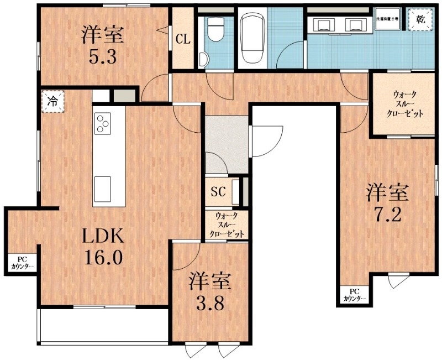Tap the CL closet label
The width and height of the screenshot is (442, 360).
[183, 39]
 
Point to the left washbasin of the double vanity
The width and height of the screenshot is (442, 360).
[323, 23]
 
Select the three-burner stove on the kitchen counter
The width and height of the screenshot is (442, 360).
[103, 123]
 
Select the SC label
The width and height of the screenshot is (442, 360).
[218, 192]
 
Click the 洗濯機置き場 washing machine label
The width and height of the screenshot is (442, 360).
[390, 18]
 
